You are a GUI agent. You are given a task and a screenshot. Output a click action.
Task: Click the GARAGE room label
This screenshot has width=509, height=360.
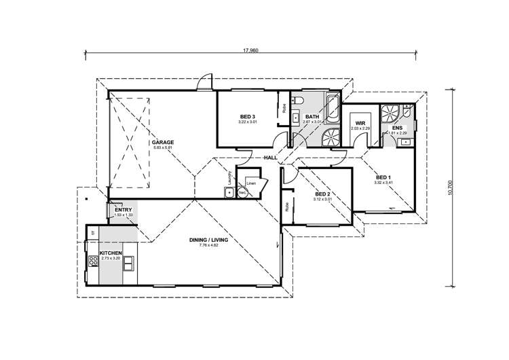point(163,142)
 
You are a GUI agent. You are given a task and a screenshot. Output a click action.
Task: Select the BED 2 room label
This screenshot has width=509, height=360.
point(322,195)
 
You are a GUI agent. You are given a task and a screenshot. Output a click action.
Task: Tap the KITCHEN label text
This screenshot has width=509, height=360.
point(110,253)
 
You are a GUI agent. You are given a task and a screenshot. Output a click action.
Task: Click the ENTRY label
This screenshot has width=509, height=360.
point(123,210)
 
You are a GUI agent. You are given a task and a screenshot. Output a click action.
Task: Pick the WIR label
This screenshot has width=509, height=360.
point(354,124)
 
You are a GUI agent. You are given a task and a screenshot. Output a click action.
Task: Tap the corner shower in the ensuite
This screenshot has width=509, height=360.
point(390,113)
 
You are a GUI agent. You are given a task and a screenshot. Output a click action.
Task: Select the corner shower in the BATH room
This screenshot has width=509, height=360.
point(330,137)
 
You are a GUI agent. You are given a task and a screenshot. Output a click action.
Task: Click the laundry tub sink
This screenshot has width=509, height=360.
point(229,193)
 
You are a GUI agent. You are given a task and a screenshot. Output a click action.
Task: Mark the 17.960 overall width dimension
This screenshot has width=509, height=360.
point(250,50)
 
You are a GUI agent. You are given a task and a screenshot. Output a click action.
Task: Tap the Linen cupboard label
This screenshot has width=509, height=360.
point(251,183)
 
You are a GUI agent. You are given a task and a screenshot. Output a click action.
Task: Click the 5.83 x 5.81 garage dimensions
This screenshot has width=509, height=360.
point(163,148)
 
